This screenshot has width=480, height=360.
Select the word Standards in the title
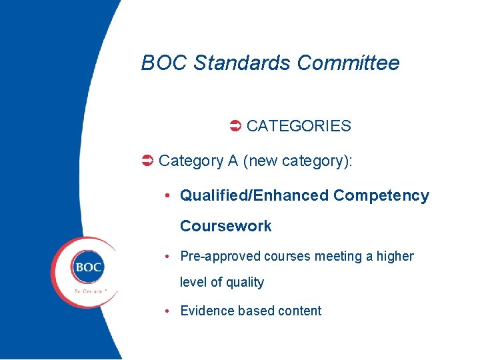(x=242, y=63)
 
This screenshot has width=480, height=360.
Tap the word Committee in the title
(x=348, y=63)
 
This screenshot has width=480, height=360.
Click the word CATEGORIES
(x=299, y=126)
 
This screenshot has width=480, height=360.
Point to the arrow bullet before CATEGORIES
(x=235, y=126)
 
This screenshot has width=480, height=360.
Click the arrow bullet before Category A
(x=148, y=161)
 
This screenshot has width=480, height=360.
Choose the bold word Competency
(x=381, y=196)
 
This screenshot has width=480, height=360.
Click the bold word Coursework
(x=226, y=227)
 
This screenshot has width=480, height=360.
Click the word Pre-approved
(x=221, y=257)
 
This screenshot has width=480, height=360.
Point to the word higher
(x=395, y=257)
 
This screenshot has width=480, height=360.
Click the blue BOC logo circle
(x=88, y=268)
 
